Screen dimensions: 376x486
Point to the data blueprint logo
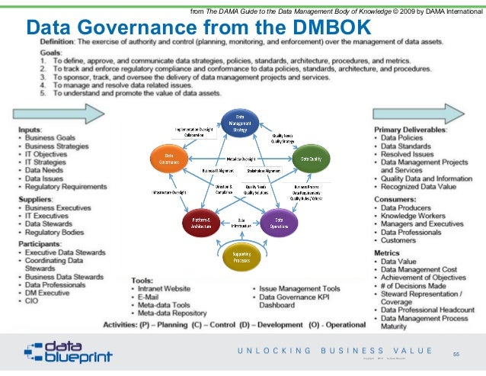69,352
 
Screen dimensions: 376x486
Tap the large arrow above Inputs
57,114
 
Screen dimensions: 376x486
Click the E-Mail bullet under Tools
152,298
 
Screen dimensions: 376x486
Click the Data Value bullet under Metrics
401,261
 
